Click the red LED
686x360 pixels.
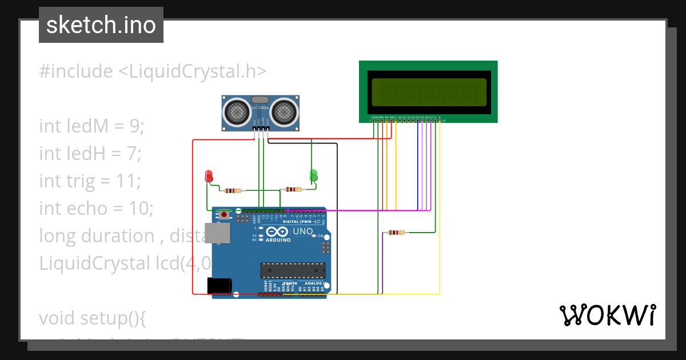[209, 175]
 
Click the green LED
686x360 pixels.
[313, 175]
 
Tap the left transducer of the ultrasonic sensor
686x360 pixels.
[236, 111]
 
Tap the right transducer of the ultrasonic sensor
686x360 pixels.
[284, 111]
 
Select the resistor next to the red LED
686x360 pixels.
[233, 191]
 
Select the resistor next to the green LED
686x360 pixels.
[292, 189]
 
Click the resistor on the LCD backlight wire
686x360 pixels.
[396, 233]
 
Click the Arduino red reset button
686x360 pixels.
[225, 214]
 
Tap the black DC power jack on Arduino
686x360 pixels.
[219, 285]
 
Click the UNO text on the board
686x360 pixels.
[302, 231]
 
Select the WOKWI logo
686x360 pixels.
[607, 315]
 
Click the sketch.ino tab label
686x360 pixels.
[101, 25]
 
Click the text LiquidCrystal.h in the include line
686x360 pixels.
[192, 71]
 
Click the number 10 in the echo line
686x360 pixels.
[141, 208]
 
